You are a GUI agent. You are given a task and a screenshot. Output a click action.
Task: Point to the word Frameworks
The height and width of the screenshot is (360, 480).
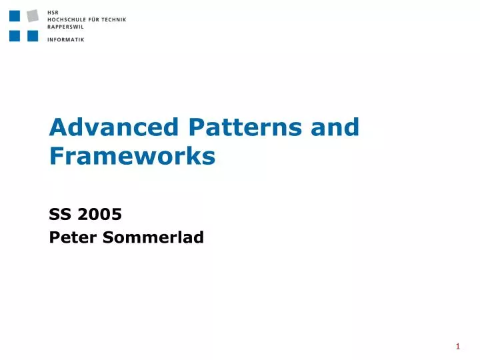pyautogui.click(x=132, y=156)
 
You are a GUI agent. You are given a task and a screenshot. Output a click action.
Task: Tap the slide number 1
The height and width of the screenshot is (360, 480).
pyautogui.click(x=458, y=346)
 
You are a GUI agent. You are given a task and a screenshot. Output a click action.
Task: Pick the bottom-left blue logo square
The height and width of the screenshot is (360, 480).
pyautogui.click(x=15, y=36)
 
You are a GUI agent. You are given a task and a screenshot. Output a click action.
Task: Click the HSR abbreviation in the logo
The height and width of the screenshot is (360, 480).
pyautogui.click(x=53, y=12)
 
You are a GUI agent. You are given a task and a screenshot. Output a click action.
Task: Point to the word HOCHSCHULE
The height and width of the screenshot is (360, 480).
pyautogui.click(x=67, y=20)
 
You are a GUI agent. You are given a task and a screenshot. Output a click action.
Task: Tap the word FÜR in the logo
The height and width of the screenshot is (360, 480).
pyautogui.click(x=96, y=20)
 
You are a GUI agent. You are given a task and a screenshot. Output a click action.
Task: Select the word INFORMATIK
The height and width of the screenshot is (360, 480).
pyautogui.click(x=66, y=39)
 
